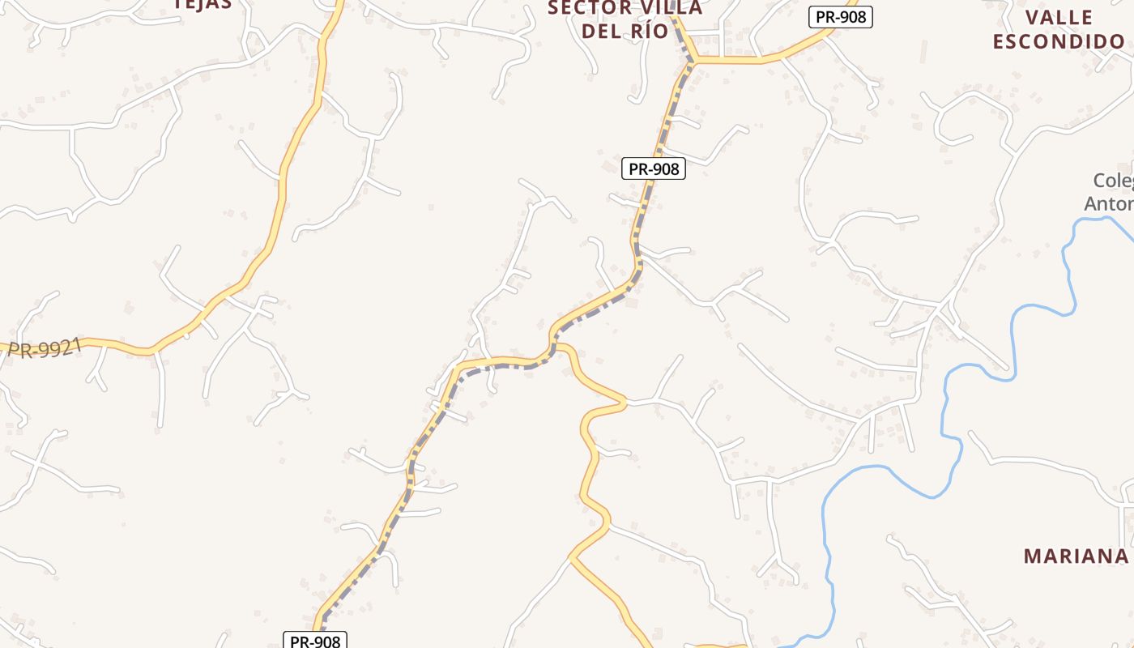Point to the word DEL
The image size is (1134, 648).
point(602,32)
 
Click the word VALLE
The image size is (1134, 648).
point(1059,18)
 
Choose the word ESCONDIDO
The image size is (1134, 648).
point(1059,41)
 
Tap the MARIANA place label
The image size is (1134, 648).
point(1076,556)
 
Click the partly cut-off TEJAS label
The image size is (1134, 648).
point(203,4)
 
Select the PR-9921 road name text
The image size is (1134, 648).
point(45,349)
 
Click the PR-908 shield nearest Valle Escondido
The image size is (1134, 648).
point(840,17)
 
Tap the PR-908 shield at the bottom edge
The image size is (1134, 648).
point(315,641)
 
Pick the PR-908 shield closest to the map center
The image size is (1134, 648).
point(653,168)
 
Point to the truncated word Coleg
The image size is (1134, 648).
point(1113,181)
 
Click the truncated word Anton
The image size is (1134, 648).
point(1109,203)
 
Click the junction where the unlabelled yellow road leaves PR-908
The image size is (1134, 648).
point(555,346)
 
